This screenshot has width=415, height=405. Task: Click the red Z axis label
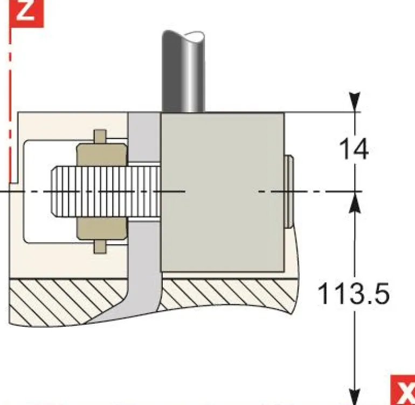tap(25, 11)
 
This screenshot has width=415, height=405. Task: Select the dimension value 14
tap(354, 149)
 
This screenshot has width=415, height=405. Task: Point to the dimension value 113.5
tap(353, 294)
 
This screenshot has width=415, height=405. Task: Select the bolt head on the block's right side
tap(289, 191)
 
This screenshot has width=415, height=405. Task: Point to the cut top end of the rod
tap(183, 38)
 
